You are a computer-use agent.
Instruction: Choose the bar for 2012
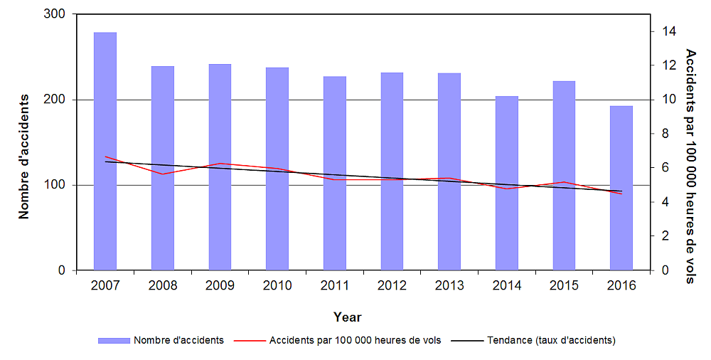point(392,171)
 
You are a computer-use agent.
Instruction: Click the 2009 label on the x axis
point(220,285)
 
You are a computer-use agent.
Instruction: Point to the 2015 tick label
point(564,285)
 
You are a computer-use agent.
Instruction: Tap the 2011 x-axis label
point(335,285)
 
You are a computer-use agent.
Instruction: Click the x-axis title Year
point(348,317)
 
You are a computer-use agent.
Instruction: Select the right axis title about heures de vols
point(690,166)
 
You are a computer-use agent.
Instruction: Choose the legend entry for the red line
point(355,340)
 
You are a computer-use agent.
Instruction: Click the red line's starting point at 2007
point(105,157)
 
